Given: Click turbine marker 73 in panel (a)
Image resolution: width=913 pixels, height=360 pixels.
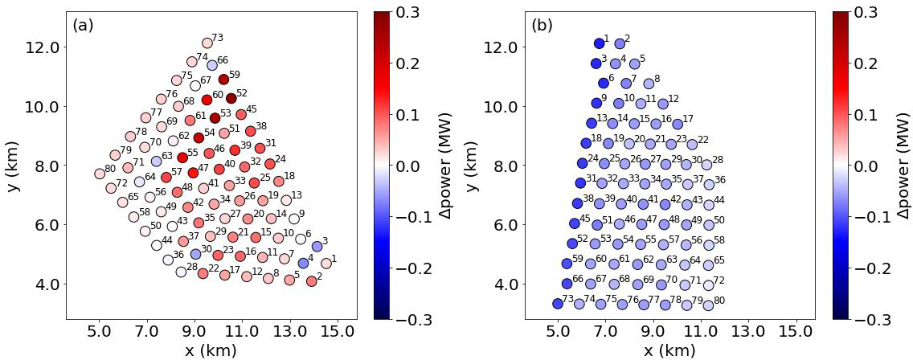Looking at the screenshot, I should click(x=207, y=43).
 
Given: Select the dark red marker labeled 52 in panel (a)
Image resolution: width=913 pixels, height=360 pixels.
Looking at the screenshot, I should click(x=231, y=99).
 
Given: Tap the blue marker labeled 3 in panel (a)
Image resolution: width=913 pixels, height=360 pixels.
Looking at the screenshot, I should click(x=317, y=247).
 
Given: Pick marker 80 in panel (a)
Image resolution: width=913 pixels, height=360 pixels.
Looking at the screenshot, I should click(x=100, y=174).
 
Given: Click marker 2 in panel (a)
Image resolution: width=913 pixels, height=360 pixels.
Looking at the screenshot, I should click(x=311, y=281).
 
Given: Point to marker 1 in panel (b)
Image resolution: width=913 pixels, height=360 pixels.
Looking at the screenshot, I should click(x=599, y=43).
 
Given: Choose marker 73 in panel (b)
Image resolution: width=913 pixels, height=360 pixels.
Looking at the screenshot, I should click(x=557, y=304).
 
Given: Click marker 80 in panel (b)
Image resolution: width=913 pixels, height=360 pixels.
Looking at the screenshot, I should click(x=708, y=305).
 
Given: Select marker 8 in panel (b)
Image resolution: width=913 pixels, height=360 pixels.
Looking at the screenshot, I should click(x=649, y=84).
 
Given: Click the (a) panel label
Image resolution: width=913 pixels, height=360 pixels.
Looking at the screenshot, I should click(x=83, y=25).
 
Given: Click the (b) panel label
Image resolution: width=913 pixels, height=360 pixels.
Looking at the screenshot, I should click(x=542, y=25).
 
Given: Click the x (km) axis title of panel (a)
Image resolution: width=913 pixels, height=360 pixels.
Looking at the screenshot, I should click(x=211, y=350).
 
